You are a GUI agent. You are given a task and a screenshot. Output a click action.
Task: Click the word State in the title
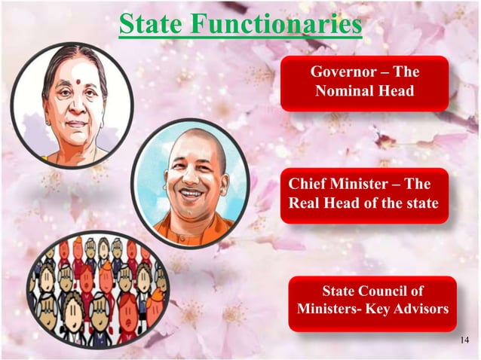coord(151,24)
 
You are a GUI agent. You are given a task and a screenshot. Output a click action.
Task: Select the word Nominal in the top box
coord(344,92)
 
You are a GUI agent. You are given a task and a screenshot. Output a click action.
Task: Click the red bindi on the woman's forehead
coord(77,76)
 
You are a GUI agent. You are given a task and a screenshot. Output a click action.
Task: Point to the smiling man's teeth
coord(192,193)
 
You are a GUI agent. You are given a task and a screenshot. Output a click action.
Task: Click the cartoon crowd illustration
coord(96,289)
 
